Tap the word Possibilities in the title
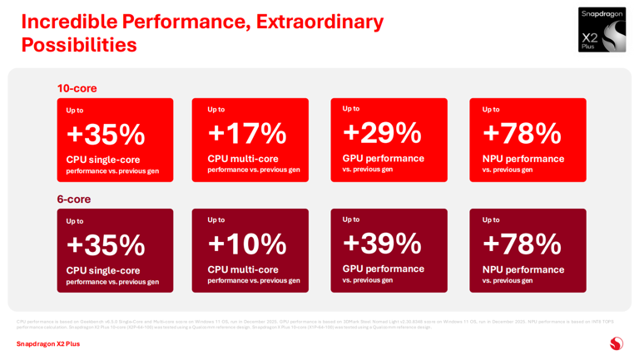79,45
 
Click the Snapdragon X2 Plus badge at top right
602,30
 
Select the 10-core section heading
77,88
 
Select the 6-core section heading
73,199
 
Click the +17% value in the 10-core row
247,133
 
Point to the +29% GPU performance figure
382,132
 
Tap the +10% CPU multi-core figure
247,244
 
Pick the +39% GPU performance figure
382,243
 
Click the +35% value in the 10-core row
106,134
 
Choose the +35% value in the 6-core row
106,244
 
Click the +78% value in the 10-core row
522,133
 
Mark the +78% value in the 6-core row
522,244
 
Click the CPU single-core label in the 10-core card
103,160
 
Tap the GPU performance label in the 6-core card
384,269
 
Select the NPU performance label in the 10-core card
523,159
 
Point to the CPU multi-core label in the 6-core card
243,269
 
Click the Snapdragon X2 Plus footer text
48,343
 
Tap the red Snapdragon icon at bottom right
616,343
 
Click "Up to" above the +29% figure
351,109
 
